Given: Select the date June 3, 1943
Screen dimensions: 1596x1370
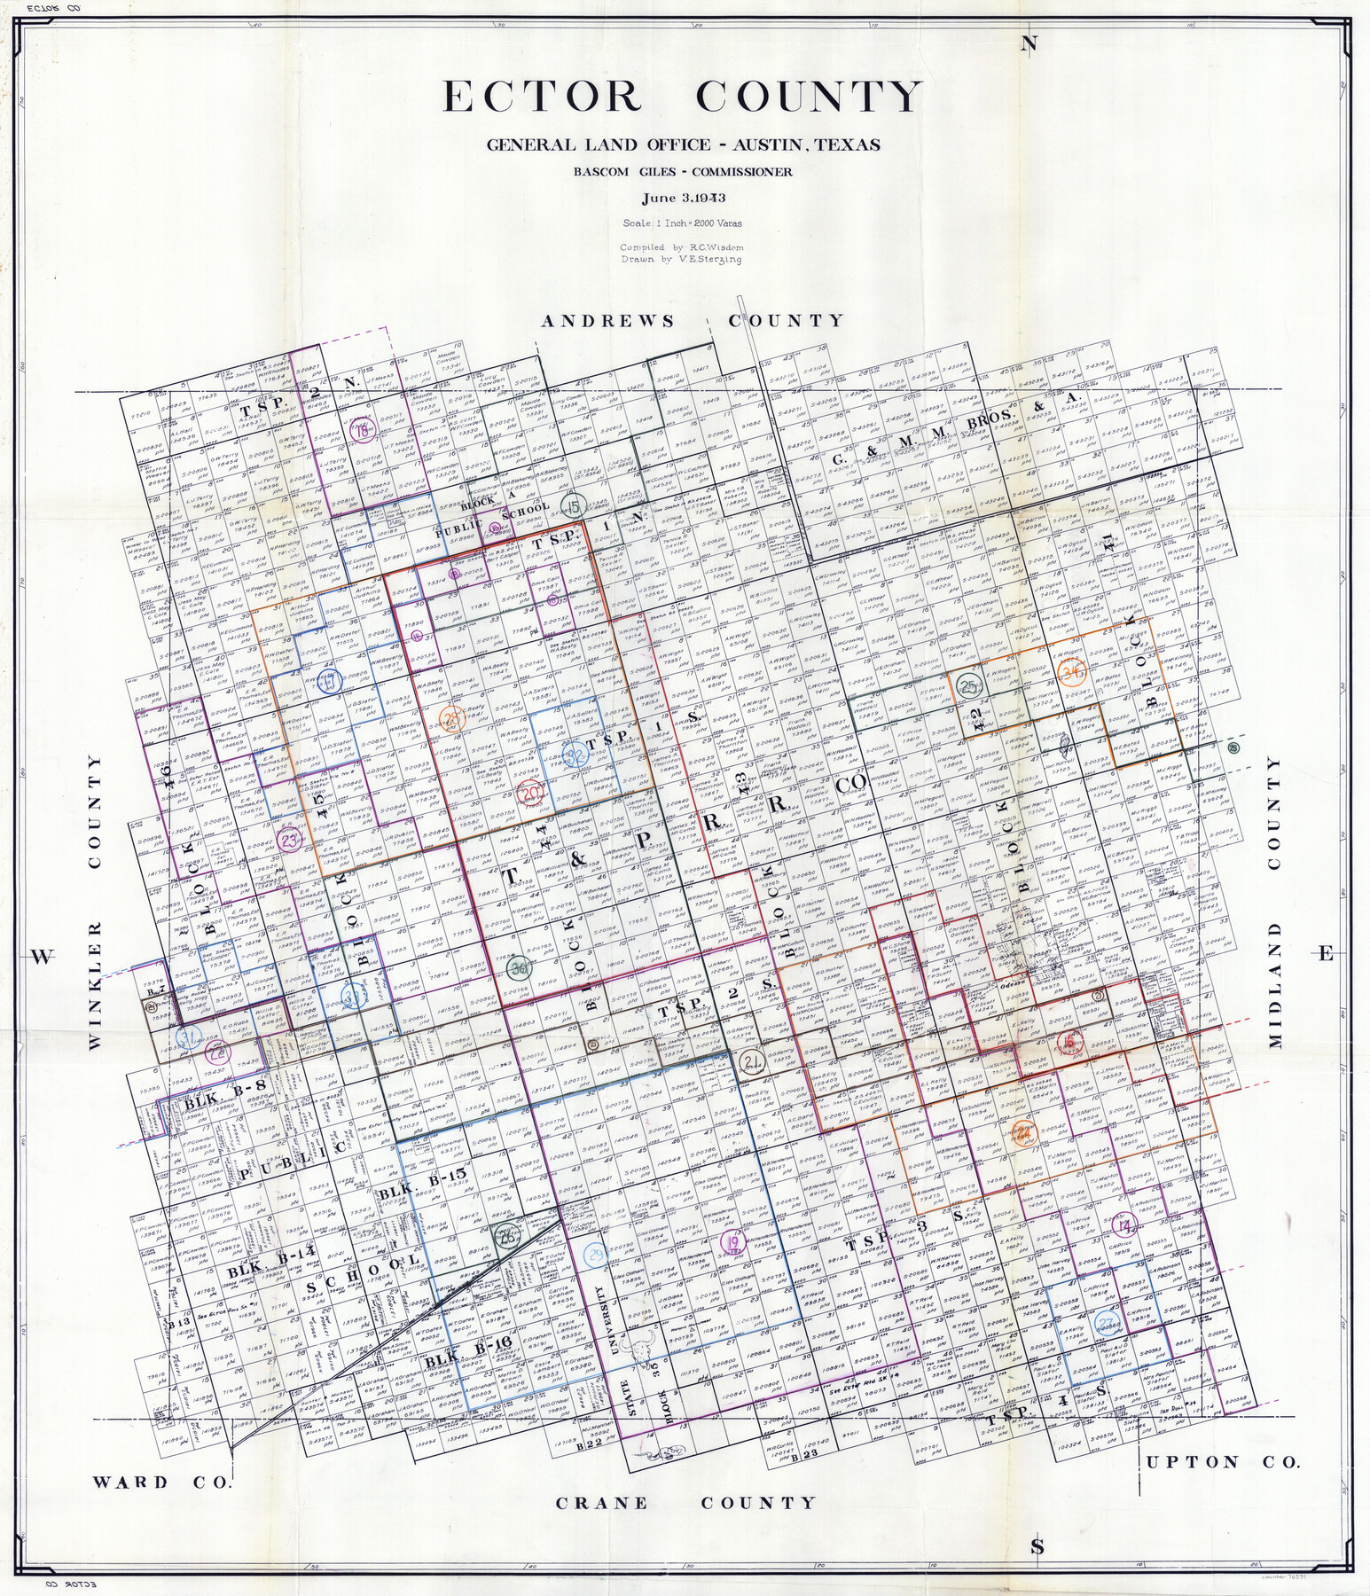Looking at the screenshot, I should [684, 199].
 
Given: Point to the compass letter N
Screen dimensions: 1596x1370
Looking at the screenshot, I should [1029, 46].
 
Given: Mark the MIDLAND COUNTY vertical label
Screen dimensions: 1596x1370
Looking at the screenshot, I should [1275, 902].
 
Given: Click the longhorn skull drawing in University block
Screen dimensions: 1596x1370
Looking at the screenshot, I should [639, 1350].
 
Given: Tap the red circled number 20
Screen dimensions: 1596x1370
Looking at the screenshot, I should [530, 794].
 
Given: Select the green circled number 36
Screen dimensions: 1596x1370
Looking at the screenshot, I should [520, 969].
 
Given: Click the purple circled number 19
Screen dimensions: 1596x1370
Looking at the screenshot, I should [732, 1243].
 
